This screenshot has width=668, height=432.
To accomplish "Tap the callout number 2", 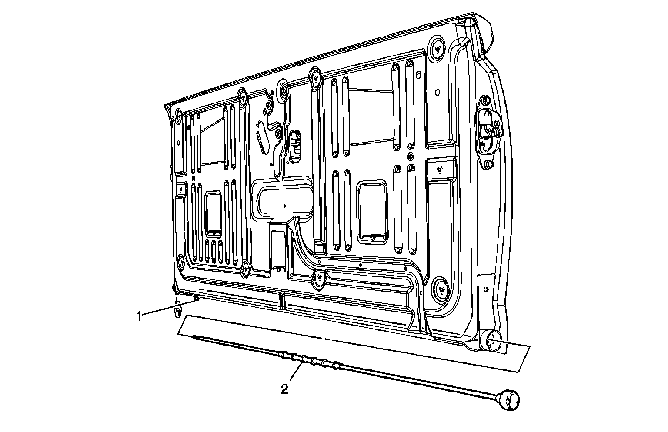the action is pyautogui.click(x=284, y=389).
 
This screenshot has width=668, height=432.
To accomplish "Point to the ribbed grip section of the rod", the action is pyautogui.click(x=309, y=360).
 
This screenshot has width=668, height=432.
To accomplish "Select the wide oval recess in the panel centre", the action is pyautogui.click(x=284, y=199).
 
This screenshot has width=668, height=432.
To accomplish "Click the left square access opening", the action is pyautogui.click(x=214, y=213).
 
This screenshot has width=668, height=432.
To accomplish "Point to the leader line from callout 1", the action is pyautogui.click(x=167, y=307).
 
